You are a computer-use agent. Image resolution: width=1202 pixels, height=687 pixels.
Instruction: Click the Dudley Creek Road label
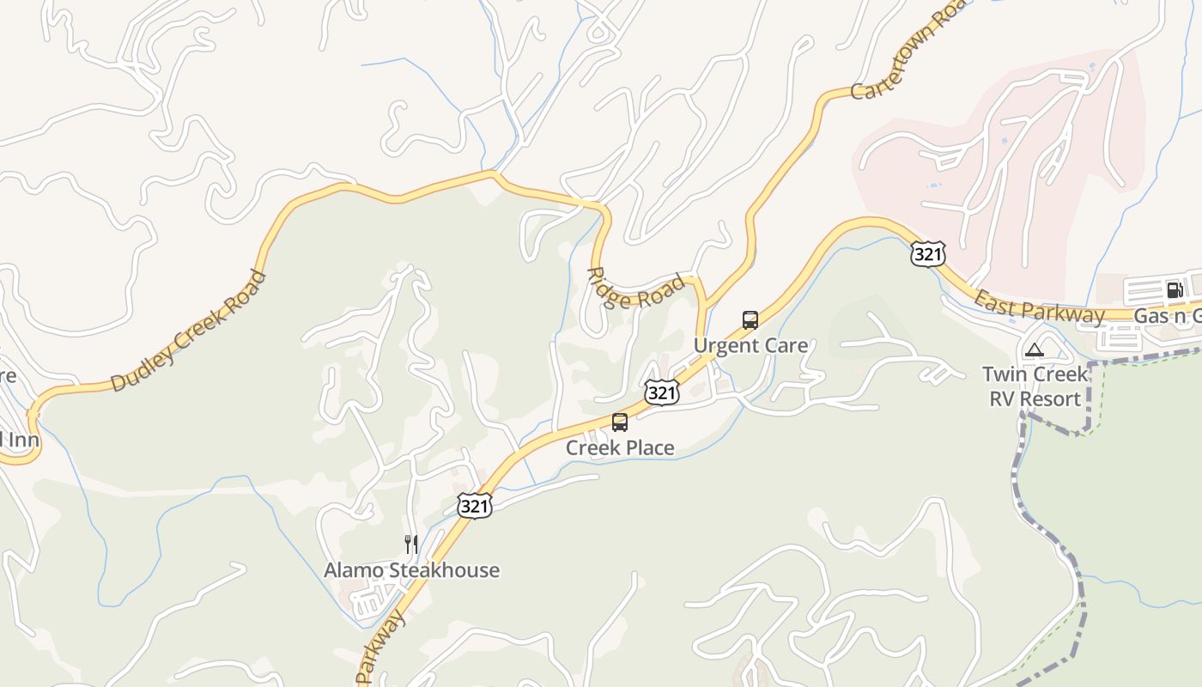point(190,331)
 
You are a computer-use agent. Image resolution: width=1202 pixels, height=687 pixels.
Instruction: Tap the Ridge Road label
point(636,289)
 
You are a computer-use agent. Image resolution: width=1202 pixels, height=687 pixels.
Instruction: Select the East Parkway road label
point(1039,307)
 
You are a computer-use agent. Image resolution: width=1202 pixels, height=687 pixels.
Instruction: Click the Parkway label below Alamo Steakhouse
point(380,648)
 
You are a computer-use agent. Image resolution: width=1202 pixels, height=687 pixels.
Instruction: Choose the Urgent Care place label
point(750,346)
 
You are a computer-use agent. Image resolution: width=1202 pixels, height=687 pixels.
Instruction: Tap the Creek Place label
point(620,447)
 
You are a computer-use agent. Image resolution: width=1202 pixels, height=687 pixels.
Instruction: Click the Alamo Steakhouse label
point(411,570)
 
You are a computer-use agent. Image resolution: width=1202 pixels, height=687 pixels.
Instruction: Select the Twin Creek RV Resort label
point(1035,386)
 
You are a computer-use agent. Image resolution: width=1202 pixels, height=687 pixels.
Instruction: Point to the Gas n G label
point(1167,316)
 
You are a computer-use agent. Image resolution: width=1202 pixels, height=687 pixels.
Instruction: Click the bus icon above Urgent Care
point(750,320)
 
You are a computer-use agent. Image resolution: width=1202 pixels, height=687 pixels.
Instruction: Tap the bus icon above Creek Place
point(620,422)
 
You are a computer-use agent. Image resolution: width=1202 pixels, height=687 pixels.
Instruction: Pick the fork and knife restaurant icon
point(411,544)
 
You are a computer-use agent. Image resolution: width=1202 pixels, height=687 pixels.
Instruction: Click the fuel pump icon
point(1175,289)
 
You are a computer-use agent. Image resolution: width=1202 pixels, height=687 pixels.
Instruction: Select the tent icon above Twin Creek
point(1035,350)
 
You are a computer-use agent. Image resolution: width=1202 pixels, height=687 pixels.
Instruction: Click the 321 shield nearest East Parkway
point(928,254)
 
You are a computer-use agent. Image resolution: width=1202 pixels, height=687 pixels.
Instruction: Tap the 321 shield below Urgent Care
point(662,393)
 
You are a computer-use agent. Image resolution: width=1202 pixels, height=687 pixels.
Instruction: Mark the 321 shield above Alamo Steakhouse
point(474,507)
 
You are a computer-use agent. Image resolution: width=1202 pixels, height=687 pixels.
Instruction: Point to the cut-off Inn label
point(17,441)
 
